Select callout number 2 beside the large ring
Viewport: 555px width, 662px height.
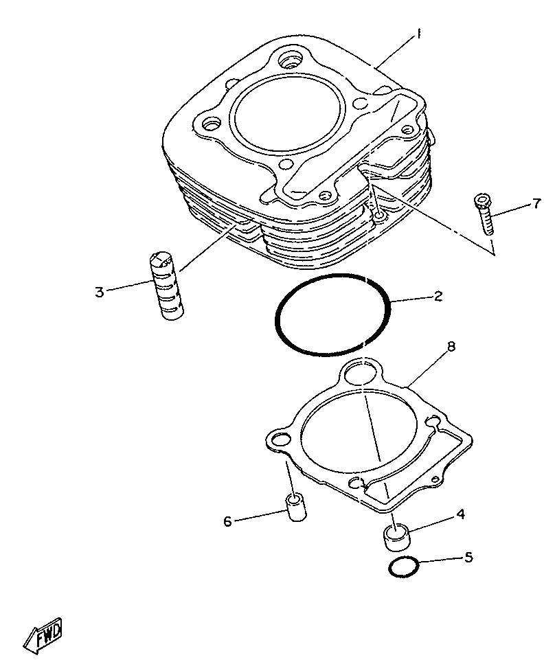(x=438, y=297)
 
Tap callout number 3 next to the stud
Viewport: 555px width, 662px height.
(x=100, y=292)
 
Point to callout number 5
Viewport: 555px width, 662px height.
(x=468, y=558)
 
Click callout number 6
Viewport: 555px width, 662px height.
(x=227, y=521)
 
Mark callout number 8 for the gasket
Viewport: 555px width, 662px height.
(x=451, y=347)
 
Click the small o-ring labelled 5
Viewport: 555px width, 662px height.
(x=403, y=567)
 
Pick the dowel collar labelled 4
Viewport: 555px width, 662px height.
(x=394, y=536)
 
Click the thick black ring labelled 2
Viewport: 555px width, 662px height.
(x=332, y=314)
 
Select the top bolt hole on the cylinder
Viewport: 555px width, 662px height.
(x=293, y=58)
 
